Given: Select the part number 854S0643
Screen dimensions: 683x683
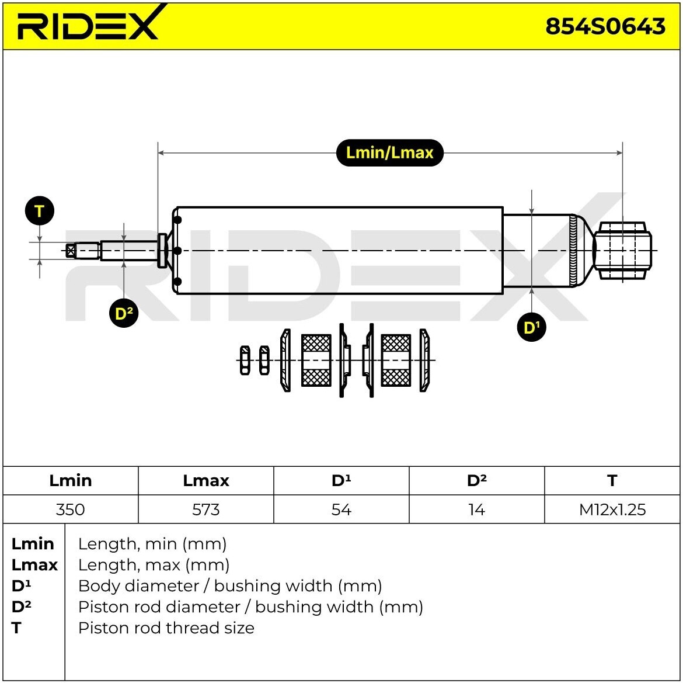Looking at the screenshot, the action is (x=605, y=26).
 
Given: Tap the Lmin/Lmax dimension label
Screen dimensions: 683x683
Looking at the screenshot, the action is (x=389, y=153).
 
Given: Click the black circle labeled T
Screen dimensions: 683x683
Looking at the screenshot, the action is (x=40, y=211).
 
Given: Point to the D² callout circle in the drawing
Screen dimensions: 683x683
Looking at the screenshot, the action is (x=124, y=314).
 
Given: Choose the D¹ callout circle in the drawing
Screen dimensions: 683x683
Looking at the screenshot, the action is (x=531, y=327).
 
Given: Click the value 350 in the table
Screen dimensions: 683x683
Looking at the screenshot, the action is (x=70, y=509).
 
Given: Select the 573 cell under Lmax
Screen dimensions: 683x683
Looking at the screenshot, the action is (x=205, y=509).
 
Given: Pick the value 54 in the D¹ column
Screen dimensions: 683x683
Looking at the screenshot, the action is (x=341, y=509).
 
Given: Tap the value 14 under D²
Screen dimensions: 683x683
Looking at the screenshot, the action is (x=476, y=509).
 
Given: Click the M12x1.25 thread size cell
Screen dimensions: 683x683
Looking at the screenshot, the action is (x=612, y=509).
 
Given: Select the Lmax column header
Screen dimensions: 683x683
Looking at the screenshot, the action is (x=205, y=480).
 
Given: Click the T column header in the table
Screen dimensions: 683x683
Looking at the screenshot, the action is (x=612, y=480).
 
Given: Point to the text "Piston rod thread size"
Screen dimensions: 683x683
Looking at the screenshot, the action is (x=166, y=628).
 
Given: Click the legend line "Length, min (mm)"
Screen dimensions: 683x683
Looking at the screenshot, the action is (x=152, y=544).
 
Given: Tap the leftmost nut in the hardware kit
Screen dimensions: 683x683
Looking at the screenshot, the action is (x=245, y=360).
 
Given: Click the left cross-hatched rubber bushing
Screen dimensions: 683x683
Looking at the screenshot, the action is (x=316, y=360).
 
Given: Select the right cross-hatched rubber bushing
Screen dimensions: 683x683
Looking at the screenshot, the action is (x=396, y=360).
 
